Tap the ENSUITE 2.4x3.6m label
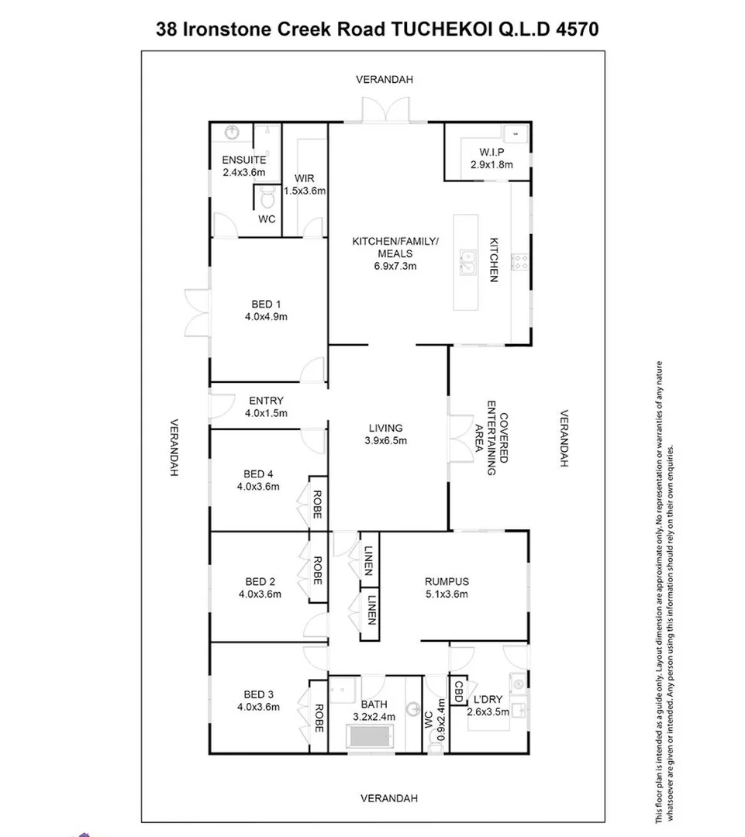pos(243,166)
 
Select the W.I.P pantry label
pos(487,158)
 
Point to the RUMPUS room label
pos(447,588)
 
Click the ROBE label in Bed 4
pos(318,505)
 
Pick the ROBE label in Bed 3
pos(318,718)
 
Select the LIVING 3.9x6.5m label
pos(385,434)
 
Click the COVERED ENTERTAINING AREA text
pos(491,438)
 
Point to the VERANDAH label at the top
pos(385,79)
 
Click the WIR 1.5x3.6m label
pos(304,184)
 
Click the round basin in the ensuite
pos(232,133)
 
